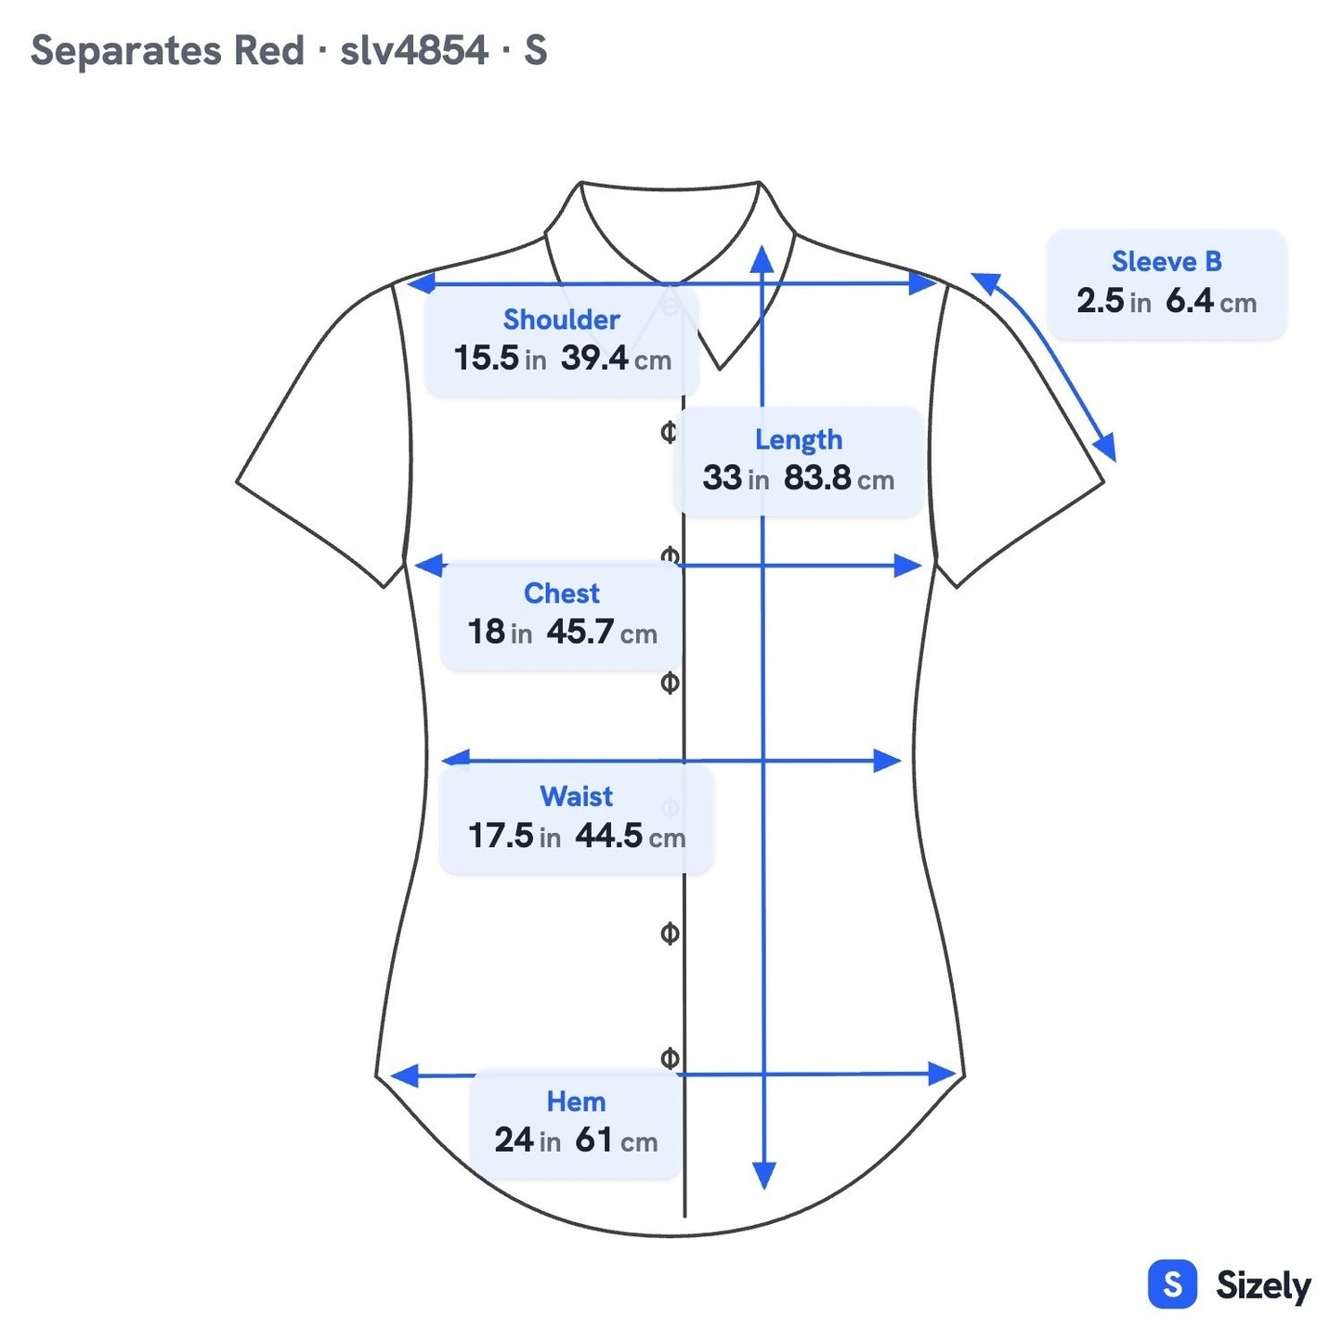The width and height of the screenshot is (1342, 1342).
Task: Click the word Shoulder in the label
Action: [x=561, y=319]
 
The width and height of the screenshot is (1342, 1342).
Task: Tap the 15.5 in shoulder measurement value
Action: [x=500, y=358]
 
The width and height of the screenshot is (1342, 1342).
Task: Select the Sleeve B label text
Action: [x=1166, y=262]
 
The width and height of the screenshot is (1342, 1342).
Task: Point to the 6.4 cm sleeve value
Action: [x=1211, y=302]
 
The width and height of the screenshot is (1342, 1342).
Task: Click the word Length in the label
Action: [x=799, y=440]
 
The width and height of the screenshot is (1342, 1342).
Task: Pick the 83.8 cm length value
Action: [x=839, y=478]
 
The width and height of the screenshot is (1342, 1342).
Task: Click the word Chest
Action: [x=561, y=593]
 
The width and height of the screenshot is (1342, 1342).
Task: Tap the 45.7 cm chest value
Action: [x=602, y=632]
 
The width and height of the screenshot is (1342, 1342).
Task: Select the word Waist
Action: [x=577, y=796]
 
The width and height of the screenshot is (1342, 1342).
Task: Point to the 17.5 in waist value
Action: [x=514, y=836]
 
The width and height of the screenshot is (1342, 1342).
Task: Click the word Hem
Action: [x=576, y=1102]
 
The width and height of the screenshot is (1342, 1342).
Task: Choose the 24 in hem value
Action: [x=528, y=1140]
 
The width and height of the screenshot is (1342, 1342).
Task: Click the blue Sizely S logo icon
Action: [x=1173, y=1284]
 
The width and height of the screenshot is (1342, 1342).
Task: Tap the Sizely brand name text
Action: [x=1263, y=1285]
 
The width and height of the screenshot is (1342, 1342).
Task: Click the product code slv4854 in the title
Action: [x=413, y=50]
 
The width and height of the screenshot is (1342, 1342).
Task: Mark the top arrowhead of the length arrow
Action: [x=762, y=259]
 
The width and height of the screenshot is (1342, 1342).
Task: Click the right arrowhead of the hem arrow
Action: [x=942, y=1074]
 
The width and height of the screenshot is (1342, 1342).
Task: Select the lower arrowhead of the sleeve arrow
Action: [x=1107, y=447]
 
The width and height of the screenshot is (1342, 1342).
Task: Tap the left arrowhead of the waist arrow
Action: [x=456, y=758]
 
